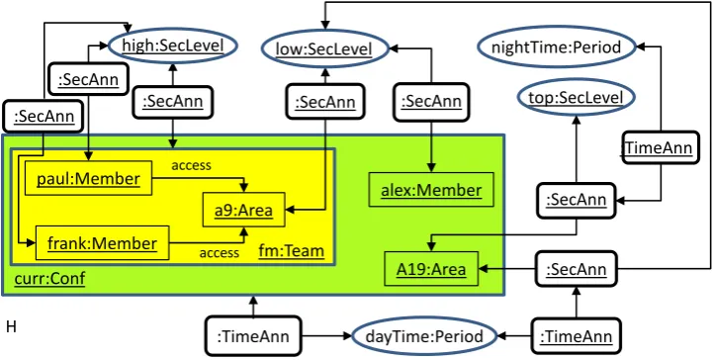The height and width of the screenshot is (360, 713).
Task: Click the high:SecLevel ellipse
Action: tap(172, 45)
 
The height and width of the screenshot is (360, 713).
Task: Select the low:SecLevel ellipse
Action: tap(324, 48)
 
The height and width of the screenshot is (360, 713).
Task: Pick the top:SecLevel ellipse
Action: tap(577, 97)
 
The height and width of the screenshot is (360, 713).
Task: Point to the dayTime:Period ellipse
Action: tap(424, 337)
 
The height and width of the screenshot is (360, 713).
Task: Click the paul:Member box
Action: tap(88, 178)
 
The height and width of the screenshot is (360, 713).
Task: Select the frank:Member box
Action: tap(102, 243)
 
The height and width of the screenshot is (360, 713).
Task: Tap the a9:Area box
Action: tap(243, 210)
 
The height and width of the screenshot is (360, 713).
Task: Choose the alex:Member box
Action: tap(431, 190)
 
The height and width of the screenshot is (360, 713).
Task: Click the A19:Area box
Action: tap(431, 269)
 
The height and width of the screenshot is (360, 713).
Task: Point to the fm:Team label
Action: tap(292, 250)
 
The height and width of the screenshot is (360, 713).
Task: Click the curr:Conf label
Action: tap(50, 278)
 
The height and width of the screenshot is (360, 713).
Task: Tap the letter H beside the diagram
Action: tap(11, 326)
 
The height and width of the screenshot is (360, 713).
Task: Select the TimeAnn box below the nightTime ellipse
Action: tap(660, 147)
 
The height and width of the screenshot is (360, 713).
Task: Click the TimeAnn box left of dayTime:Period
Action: tap(253, 337)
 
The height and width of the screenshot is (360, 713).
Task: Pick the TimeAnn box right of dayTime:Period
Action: tap(577, 337)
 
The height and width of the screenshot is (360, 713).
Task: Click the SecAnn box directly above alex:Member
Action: tap(430, 102)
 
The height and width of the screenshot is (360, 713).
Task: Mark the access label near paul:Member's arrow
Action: tap(191, 165)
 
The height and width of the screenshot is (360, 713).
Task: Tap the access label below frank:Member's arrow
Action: tap(220, 252)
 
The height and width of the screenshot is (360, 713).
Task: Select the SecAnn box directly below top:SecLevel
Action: tap(577, 200)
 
